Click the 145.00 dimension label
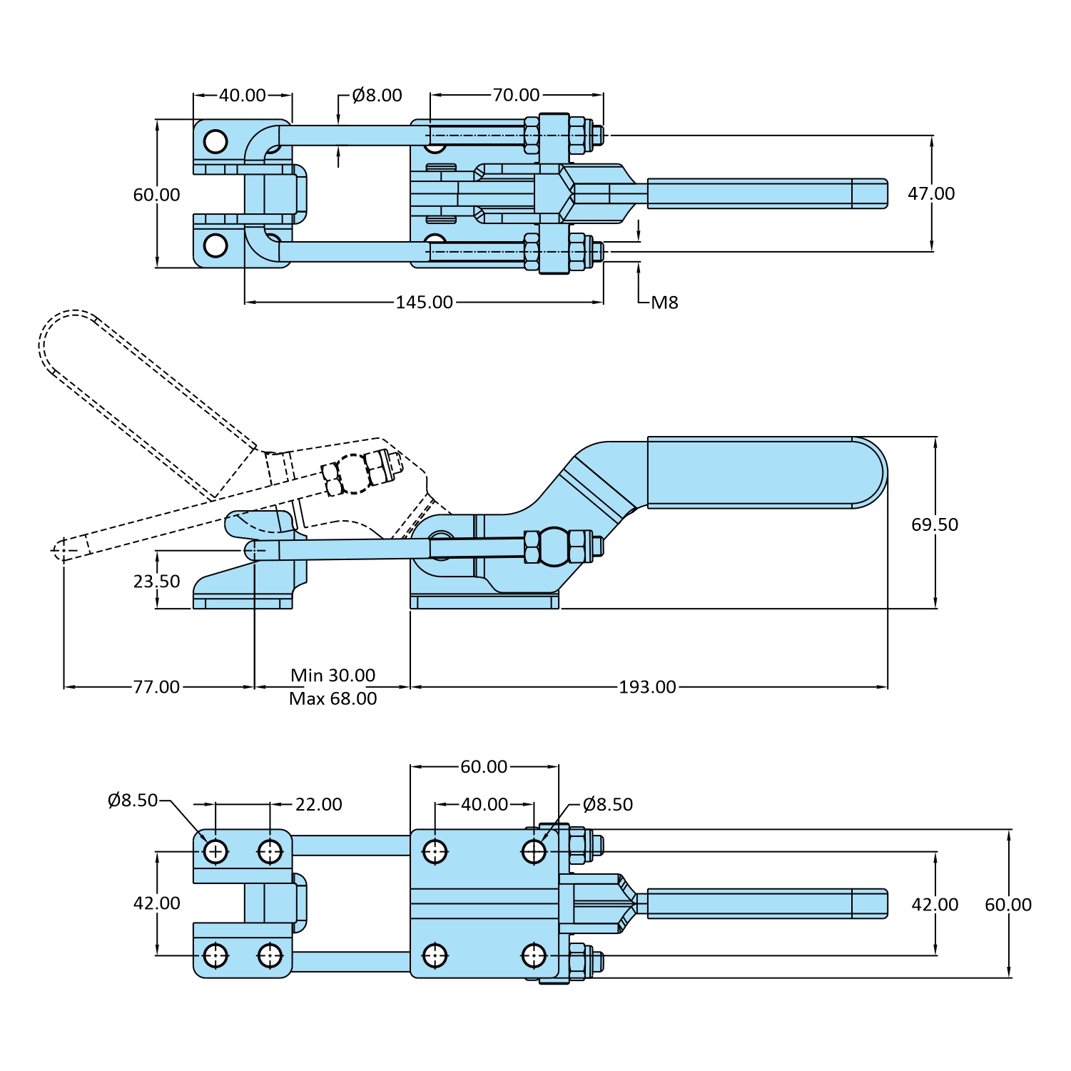(425, 303)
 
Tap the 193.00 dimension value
(647, 687)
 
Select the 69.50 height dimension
(934, 525)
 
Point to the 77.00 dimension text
(156, 687)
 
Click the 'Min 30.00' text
(333, 675)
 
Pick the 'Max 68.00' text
(333, 699)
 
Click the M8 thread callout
(664, 303)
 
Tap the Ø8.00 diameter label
(377, 96)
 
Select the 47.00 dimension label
(931, 194)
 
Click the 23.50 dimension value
(156, 582)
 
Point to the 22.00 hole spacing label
(318, 805)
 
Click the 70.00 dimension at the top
(516, 95)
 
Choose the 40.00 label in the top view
(242, 96)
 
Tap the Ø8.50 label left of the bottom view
(133, 801)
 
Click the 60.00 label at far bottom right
(1007, 905)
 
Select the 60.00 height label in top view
(156, 195)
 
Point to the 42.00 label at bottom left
(156, 903)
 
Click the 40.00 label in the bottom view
(484, 805)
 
